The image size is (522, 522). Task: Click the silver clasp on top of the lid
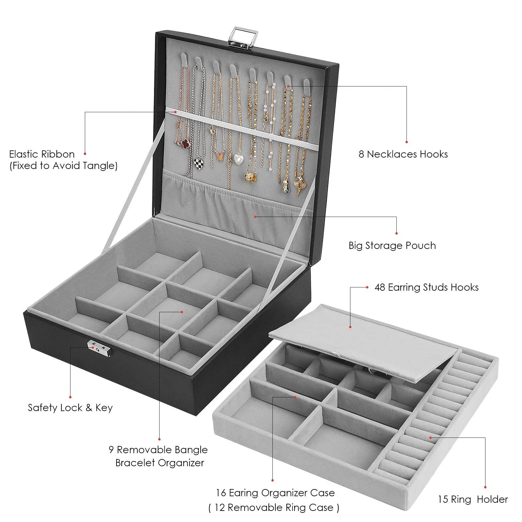pos(243,36)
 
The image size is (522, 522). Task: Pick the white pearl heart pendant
pos(238,159)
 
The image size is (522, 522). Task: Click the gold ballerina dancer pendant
pos(299,185)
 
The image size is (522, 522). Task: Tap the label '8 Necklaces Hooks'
pos(403,154)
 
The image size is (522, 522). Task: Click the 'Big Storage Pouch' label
pos(392,246)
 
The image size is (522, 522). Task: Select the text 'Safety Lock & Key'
pos(70,408)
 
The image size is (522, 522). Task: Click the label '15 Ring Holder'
pos(473,499)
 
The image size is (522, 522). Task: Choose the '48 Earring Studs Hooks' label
pos(426,287)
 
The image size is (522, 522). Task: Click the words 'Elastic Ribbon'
pos(42,154)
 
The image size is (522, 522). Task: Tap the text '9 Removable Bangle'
pos(158,450)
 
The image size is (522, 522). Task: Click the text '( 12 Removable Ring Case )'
pos(274,508)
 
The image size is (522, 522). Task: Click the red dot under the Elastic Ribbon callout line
pos(85,153)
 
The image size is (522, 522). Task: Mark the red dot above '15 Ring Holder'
pos(485,487)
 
